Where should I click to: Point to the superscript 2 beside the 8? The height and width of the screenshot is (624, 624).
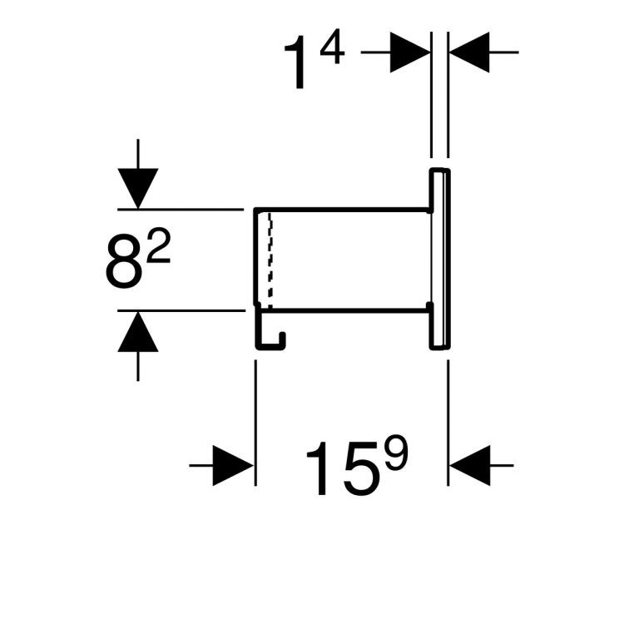tap(156, 247)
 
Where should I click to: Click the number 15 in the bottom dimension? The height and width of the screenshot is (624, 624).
tap(337, 468)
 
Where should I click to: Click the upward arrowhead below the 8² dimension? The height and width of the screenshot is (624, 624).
tap(138, 334)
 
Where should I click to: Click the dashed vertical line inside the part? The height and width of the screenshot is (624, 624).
tap(269, 258)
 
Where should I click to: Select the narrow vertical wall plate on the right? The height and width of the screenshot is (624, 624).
tap(440, 258)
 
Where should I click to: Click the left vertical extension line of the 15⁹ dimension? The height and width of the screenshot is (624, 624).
tap(255, 408)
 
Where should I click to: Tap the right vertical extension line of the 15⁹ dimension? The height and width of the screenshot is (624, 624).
tap(448, 408)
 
